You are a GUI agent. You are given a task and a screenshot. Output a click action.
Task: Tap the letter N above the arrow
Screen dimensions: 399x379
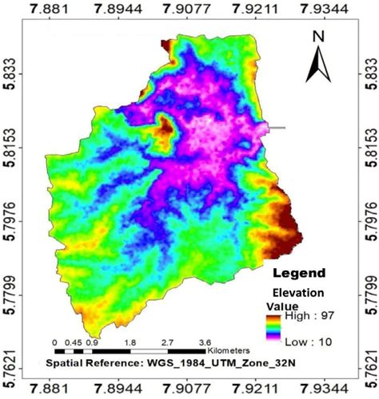pos(317,36)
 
